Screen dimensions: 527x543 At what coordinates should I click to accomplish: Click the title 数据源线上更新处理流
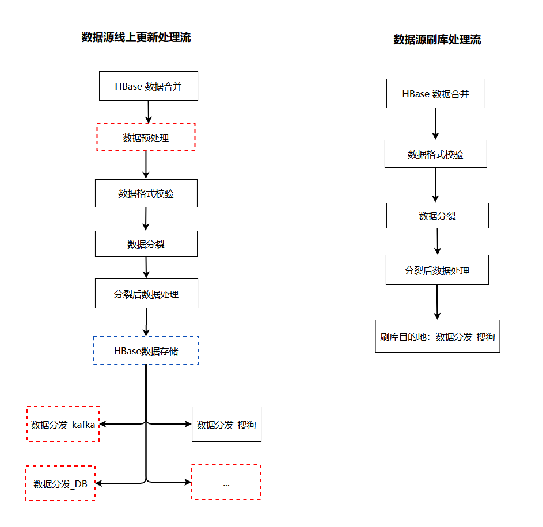coord(136,38)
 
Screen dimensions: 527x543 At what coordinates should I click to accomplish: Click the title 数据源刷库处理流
coord(437,40)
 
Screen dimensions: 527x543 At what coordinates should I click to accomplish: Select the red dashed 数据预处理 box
coord(146,138)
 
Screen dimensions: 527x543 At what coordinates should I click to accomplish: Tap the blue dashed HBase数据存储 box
coord(146,350)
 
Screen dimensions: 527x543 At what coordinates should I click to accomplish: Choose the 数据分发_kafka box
coord(63,425)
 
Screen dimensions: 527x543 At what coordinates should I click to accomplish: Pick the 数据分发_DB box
coord(60,484)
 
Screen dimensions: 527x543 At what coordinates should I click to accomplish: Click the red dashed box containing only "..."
coord(226,483)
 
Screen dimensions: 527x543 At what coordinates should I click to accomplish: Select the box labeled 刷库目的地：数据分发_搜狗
coord(437,337)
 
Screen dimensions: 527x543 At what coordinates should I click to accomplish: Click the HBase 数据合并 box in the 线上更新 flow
coord(149,86)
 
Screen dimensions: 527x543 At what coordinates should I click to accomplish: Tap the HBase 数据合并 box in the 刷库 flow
coord(435,94)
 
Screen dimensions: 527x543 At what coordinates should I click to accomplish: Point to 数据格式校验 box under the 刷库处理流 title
coord(435,154)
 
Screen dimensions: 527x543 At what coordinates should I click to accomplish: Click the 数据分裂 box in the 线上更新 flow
coord(146,244)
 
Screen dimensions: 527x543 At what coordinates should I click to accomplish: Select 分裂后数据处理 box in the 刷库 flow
coord(437,270)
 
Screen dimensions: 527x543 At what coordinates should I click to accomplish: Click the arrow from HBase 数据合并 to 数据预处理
coord(149,112)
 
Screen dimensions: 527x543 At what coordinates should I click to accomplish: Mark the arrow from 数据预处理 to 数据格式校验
coord(146,165)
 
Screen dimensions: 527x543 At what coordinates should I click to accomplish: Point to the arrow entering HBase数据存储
coord(146,322)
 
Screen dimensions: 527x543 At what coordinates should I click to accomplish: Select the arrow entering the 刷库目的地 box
coord(437,302)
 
